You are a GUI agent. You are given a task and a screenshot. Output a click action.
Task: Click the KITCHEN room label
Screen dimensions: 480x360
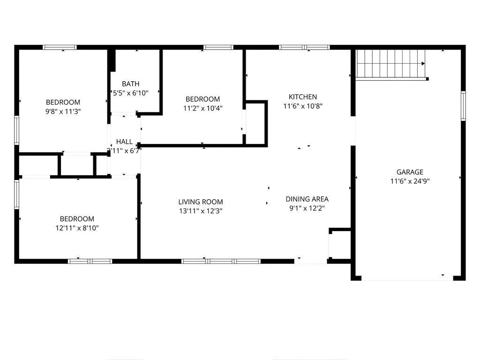(302, 97)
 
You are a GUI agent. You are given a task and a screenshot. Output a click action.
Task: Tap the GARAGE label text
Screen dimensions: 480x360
(410, 172)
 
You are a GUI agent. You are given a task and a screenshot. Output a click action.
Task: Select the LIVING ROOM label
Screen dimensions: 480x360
(201, 202)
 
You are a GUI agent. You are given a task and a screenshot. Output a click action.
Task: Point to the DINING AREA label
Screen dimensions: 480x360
(307, 199)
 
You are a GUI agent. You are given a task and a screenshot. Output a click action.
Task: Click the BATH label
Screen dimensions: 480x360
(131, 83)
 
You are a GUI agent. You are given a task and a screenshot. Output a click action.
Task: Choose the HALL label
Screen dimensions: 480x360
(124, 142)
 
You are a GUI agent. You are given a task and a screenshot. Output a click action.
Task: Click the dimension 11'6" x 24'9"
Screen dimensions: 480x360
(410, 181)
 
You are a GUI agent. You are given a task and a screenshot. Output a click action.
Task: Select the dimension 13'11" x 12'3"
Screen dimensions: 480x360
(201, 211)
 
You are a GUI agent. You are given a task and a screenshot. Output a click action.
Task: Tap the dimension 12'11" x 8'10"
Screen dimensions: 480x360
(77, 228)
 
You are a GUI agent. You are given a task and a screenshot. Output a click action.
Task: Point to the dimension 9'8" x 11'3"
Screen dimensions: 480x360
(63, 112)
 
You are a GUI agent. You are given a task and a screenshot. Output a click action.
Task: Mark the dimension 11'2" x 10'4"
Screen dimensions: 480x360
(202, 108)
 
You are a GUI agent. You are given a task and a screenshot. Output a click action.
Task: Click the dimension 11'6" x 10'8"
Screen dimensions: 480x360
(303, 106)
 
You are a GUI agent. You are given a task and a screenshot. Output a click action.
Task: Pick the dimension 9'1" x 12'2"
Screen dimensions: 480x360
(307, 209)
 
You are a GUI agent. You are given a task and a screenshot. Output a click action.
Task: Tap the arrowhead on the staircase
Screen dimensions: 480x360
(423, 64)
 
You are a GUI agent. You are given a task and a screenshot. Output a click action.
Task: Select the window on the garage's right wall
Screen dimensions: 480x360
(463, 105)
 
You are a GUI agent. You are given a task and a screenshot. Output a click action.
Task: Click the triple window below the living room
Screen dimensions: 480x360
(221, 262)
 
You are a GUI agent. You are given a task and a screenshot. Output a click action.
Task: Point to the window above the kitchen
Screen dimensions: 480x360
(304, 47)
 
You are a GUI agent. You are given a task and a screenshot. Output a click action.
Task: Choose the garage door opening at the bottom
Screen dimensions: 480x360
(407, 278)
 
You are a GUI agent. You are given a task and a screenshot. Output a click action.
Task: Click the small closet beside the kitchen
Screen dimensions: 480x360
(255, 123)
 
